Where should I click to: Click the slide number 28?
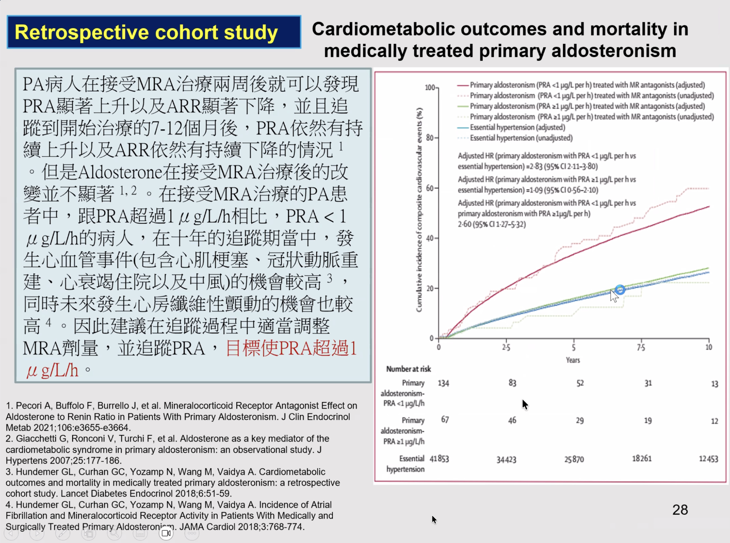pyautogui.click(x=680, y=510)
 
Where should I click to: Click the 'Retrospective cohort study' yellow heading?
pyautogui.click(x=146, y=32)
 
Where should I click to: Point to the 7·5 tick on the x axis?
pyautogui.click(x=641, y=347)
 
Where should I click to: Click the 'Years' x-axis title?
pyautogui.click(x=572, y=360)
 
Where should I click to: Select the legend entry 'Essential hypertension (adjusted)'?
pyautogui.click(x=517, y=127)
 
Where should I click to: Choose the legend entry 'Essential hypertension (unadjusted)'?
pyautogui.click(x=521, y=138)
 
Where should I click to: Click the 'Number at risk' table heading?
pyautogui.click(x=408, y=369)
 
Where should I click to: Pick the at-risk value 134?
pyautogui.click(x=443, y=383)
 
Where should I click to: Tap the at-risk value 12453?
pyautogui.click(x=708, y=459)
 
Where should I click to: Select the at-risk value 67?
pyautogui.click(x=445, y=420)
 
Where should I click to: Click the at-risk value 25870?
pyautogui.click(x=574, y=459)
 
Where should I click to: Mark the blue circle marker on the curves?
pyautogui.click(x=620, y=290)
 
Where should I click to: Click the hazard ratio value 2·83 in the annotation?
pyautogui.click(x=534, y=166)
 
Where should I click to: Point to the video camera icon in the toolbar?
pyautogui.click(x=166, y=533)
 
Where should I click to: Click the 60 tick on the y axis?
pyautogui.click(x=430, y=188)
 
